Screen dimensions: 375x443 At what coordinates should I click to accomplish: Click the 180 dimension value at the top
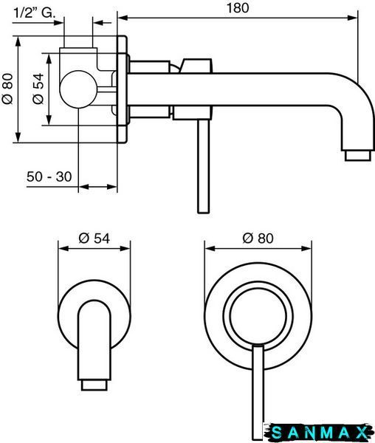click(238, 7)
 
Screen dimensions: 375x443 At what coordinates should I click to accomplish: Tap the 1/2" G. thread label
click(34, 13)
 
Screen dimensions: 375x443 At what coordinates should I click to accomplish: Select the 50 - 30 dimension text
click(49, 177)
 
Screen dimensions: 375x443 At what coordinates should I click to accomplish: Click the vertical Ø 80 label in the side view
click(7, 89)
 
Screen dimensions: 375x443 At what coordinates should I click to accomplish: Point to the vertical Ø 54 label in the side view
click(38, 89)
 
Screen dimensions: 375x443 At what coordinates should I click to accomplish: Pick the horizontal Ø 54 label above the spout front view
click(94, 238)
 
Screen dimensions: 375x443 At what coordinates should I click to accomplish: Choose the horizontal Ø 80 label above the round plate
click(258, 238)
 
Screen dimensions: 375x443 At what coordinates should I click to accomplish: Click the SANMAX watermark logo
click(318, 433)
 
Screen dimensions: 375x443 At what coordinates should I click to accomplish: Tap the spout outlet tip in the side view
click(357, 156)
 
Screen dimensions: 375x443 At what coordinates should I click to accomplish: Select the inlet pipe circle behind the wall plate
click(78, 89)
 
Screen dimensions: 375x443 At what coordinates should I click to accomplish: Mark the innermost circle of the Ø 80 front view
click(258, 316)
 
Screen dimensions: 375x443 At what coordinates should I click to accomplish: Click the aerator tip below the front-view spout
click(94, 385)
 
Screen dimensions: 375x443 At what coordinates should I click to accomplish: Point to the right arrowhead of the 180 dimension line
click(353, 18)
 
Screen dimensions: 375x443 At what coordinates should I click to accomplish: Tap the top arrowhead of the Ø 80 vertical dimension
click(18, 41)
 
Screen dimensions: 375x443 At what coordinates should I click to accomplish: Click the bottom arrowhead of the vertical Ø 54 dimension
click(49, 120)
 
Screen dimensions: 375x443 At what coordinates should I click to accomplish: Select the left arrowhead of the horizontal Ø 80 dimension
click(210, 249)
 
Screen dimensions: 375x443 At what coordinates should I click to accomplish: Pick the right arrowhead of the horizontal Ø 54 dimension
click(125, 249)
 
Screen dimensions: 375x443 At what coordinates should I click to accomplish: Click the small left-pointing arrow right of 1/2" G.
click(102, 23)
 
